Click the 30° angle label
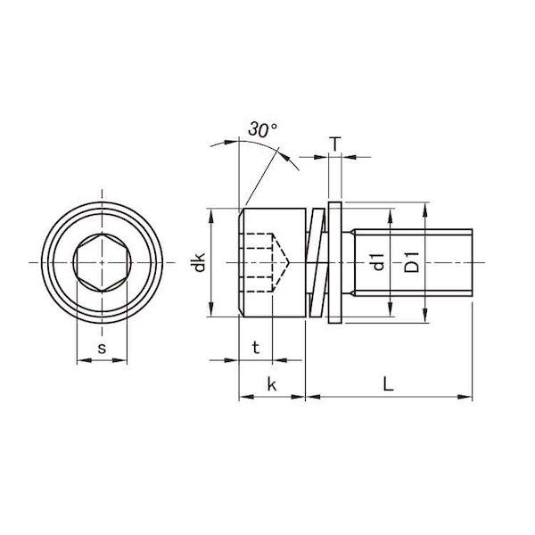262,130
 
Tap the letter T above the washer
335,144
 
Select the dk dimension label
200,262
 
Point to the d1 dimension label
378,262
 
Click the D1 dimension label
411,262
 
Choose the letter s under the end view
102,349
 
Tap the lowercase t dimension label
256,348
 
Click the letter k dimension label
272,384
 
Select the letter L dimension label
388,383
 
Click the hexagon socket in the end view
102,262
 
